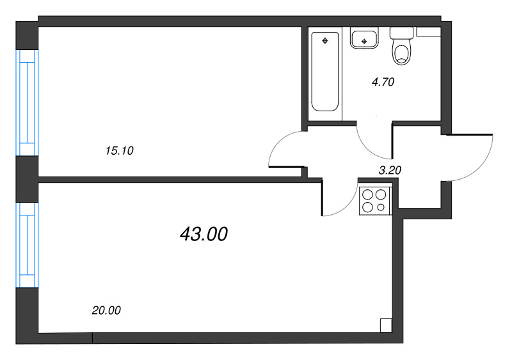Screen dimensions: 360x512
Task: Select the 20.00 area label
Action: point(106,311)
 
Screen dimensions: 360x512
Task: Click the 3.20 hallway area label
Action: point(390,170)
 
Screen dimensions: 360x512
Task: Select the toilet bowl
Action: point(402,52)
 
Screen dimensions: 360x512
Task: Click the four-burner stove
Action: point(374,200)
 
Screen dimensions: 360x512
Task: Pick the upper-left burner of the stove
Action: point(368,194)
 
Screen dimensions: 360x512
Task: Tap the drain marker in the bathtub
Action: point(326,41)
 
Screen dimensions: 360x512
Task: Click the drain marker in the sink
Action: point(364,42)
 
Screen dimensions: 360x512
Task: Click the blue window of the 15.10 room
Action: point(28,102)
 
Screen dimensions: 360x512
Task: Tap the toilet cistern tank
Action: point(401,32)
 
